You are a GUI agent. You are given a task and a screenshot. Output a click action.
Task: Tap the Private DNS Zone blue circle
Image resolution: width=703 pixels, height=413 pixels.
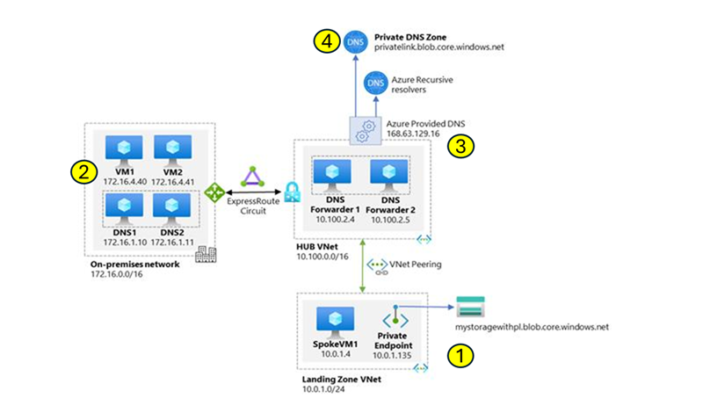pos(355,41)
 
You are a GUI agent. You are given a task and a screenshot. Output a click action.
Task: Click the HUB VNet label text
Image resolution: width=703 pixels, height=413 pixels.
pos(317,249)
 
